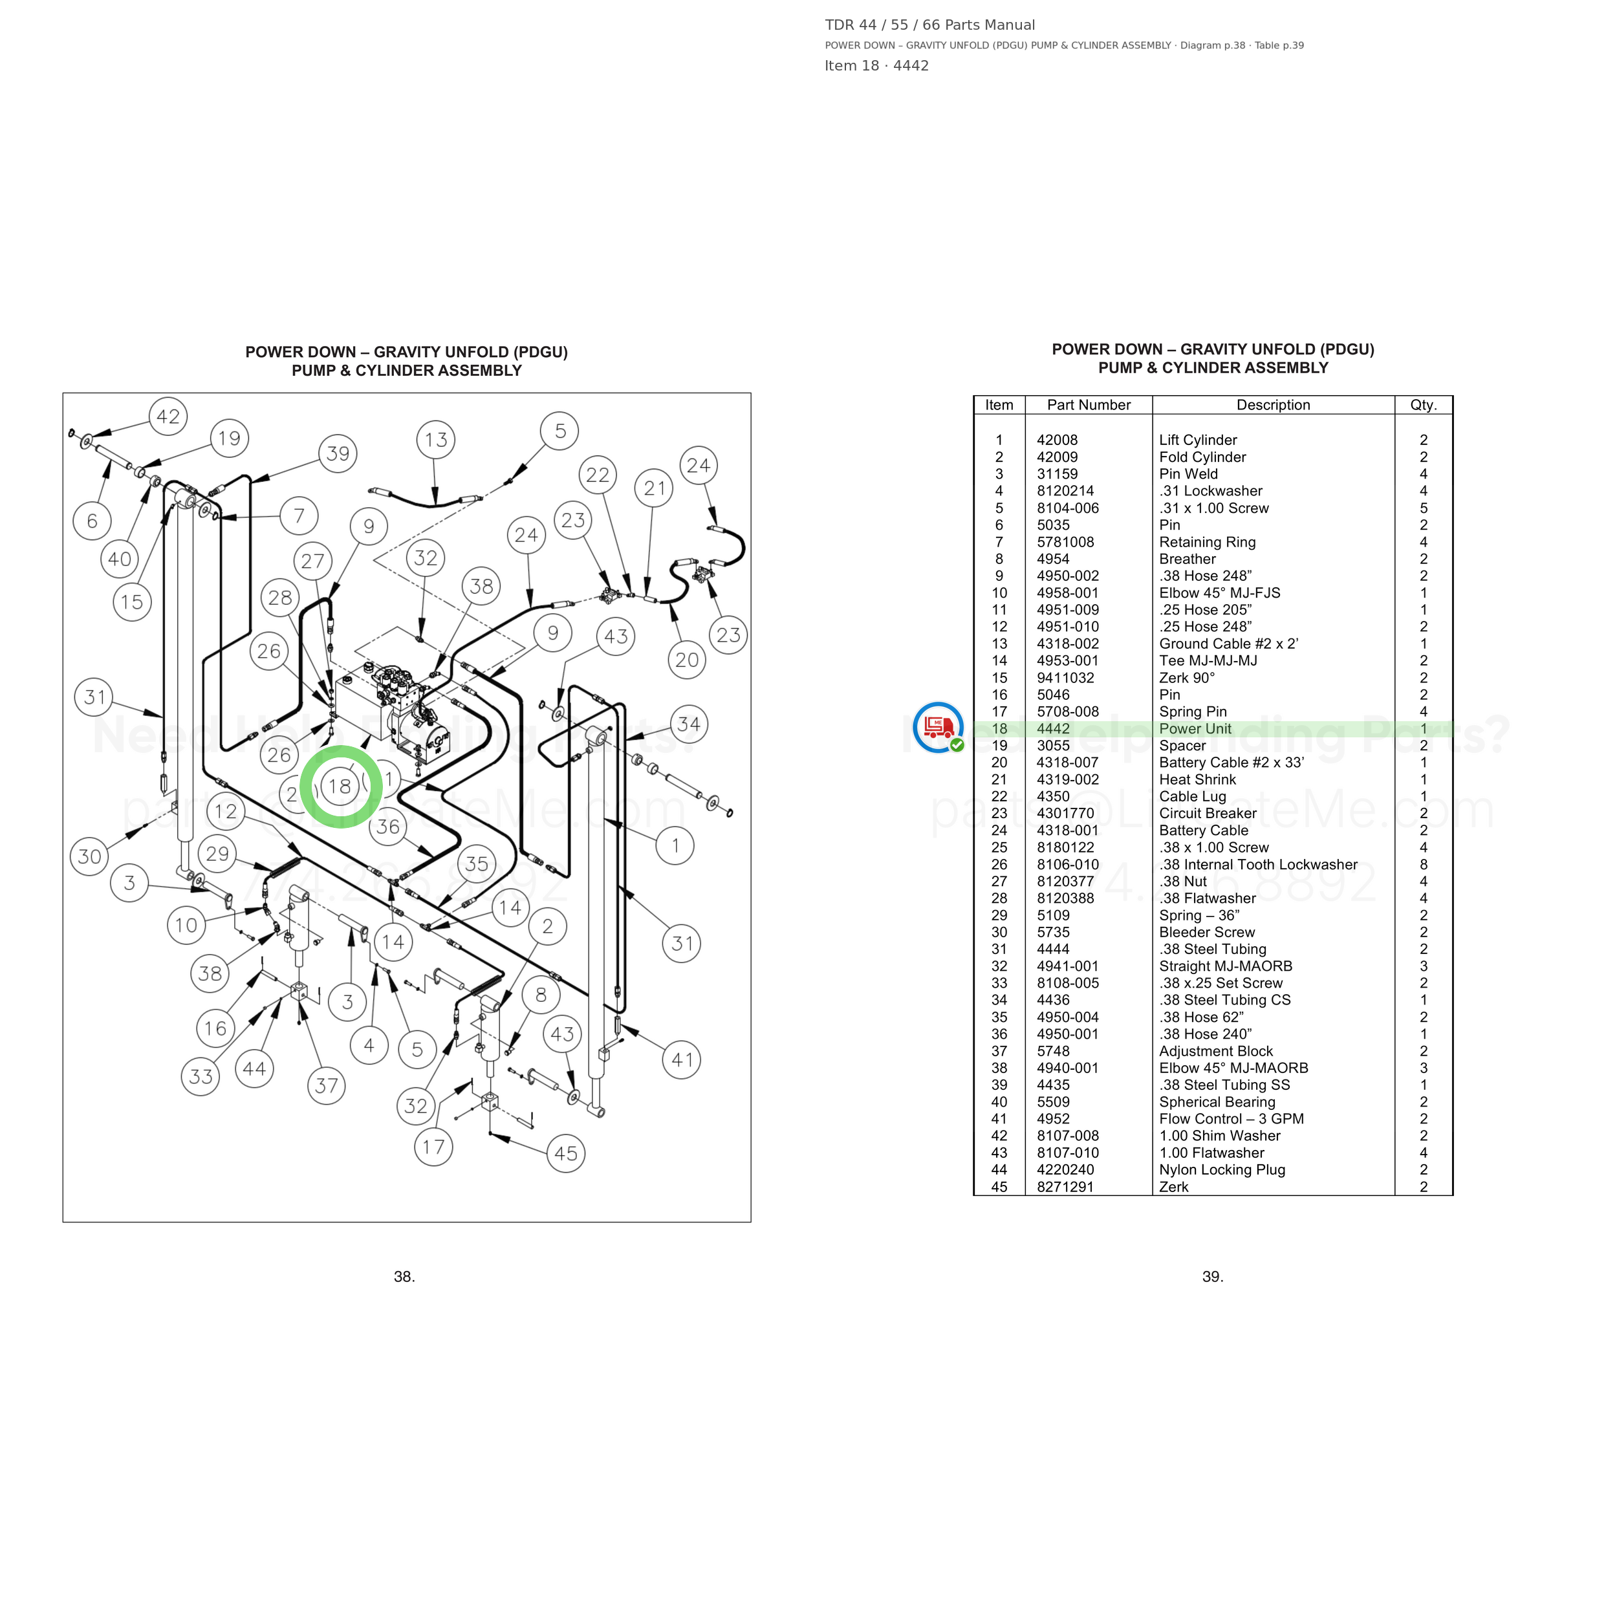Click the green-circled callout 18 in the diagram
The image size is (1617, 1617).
(340, 787)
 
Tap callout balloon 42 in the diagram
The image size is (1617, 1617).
(168, 417)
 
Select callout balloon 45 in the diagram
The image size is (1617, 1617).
(566, 1153)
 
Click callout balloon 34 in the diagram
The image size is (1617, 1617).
(689, 724)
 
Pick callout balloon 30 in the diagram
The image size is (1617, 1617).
(89, 856)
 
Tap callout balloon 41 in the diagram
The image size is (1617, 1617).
(682, 1059)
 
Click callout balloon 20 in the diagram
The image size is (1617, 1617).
(687, 660)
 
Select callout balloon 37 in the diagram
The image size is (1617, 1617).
(327, 1085)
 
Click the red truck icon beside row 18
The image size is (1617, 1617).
(939, 726)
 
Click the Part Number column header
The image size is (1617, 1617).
(1089, 405)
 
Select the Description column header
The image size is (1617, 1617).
(1273, 405)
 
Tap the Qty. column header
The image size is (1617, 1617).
(1424, 405)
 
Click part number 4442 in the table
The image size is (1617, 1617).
(1053, 729)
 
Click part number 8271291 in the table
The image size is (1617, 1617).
(1065, 1187)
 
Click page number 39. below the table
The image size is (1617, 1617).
(1213, 1276)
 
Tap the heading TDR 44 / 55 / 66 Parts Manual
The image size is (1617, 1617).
(930, 25)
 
